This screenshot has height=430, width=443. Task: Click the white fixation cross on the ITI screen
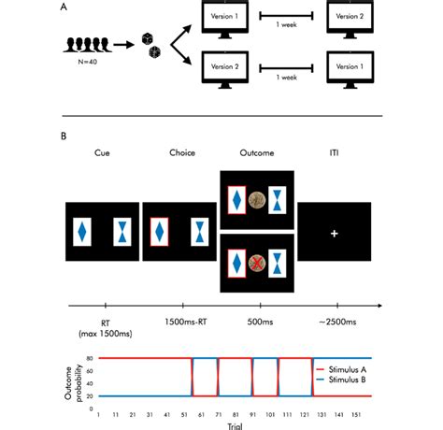pos(334,231)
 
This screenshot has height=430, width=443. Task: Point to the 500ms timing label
pos(256,322)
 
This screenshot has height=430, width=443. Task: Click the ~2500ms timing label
pos(333,322)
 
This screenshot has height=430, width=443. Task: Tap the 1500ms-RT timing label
pos(181,322)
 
